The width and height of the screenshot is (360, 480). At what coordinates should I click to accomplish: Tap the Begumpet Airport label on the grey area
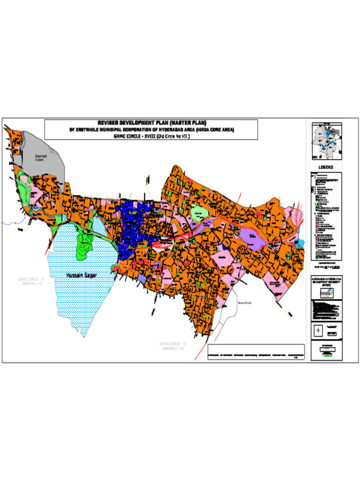(x=42, y=157)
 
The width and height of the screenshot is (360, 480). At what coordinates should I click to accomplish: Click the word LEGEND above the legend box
(x=326, y=167)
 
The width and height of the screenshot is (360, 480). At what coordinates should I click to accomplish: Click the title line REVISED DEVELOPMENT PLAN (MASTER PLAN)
(x=151, y=123)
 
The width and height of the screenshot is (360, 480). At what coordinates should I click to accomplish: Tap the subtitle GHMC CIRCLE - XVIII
(x=151, y=136)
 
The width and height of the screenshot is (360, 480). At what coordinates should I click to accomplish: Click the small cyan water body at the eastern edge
(x=301, y=244)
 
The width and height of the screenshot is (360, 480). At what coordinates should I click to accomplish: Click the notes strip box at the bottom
(x=256, y=352)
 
